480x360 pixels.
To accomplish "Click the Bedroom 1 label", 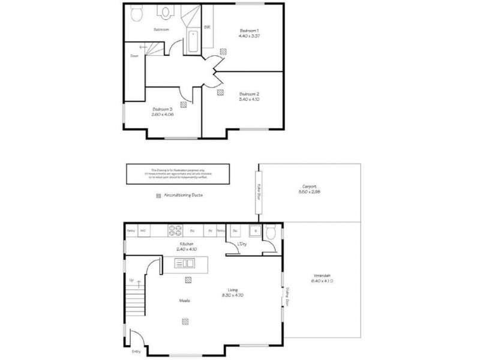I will (249, 30).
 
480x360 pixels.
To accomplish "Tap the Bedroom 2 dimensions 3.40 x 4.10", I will (249, 99).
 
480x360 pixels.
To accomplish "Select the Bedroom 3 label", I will (161, 109).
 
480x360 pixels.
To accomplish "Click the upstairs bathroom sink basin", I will (166, 11).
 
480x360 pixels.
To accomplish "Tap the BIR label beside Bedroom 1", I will (207, 27).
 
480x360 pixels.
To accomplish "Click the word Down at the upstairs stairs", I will (134, 56).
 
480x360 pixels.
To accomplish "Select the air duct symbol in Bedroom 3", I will (182, 103).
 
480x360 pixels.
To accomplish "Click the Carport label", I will (310, 186).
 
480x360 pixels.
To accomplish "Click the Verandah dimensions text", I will (322, 280).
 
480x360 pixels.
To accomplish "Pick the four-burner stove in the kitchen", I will (175, 230).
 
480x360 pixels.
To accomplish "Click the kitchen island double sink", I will (185, 263).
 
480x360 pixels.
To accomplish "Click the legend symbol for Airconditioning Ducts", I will (158, 196).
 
